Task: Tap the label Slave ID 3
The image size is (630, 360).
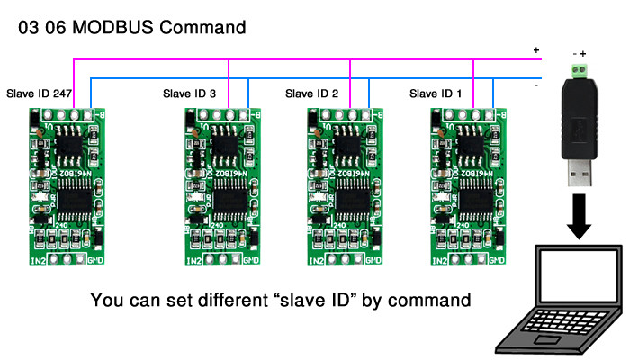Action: (189, 93)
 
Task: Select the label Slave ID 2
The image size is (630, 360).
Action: (312, 93)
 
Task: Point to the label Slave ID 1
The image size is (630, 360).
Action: (436, 93)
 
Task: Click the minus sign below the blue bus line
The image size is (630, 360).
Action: (535, 86)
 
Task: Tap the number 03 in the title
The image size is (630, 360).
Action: (28, 27)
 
